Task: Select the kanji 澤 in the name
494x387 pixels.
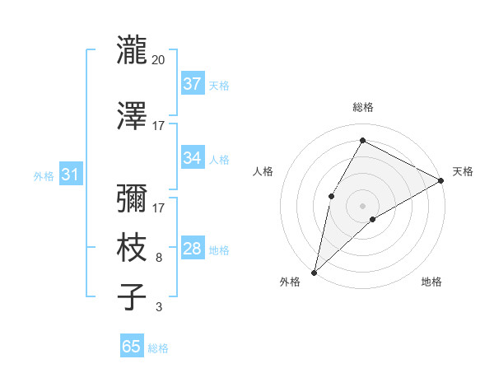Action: coord(133,116)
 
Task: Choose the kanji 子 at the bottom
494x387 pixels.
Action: coord(133,296)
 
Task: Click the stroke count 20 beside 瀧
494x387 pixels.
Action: coord(159,60)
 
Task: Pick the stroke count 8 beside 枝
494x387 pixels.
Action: coord(159,258)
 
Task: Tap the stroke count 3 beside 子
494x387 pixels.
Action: coord(159,307)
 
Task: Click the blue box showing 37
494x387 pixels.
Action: coord(192,84)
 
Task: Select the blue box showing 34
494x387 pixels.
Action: coord(192,158)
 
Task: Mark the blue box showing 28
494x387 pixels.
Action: coord(192,249)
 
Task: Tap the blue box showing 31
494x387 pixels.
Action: coord(70,175)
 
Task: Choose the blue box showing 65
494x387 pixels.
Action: coord(132,347)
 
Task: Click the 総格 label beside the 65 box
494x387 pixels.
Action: coord(158,348)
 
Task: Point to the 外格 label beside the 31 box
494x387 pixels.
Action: coord(43,175)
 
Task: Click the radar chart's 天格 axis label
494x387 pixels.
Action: coord(463,171)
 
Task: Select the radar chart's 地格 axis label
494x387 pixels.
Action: coord(431,282)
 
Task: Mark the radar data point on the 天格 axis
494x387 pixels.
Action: coord(441,180)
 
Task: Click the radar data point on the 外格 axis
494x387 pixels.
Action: coord(314,272)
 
